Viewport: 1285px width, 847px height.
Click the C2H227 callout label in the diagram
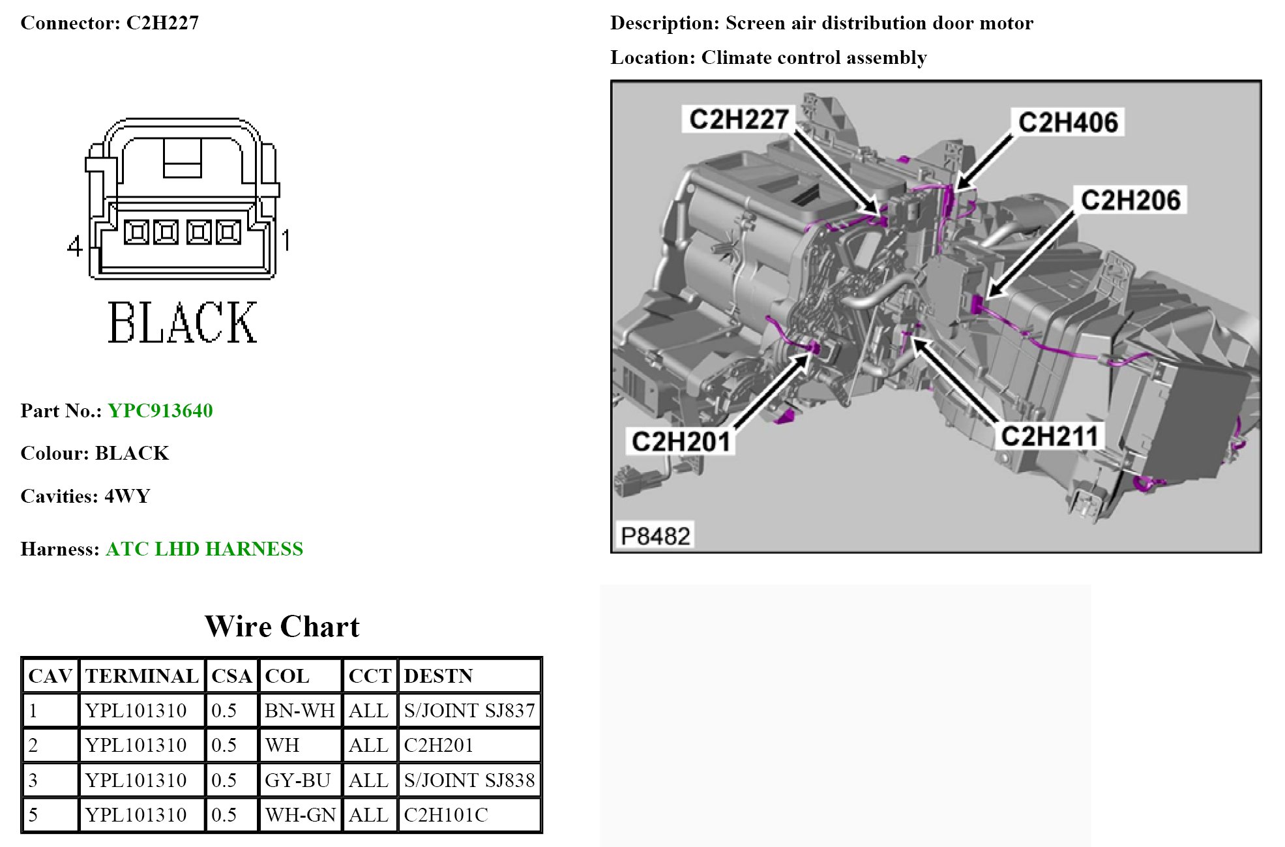(x=739, y=119)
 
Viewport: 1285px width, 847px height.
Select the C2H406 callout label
(x=1067, y=123)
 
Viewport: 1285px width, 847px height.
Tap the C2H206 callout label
(x=1130, y=200)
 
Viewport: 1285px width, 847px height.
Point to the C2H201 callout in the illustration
(x=681, y=441)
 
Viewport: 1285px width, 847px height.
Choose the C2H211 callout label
(x=1049, y=436)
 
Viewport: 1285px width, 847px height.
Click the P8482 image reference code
(x=655, y=536)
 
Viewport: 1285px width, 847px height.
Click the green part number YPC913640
(x=160, y=411)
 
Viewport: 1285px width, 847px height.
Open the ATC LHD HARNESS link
(x=204, y=549)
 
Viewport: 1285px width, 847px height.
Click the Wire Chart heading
(x=282, y=627)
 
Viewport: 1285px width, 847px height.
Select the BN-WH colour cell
(x=300, y=710)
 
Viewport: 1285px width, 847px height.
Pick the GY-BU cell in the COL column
(x=297, y=780)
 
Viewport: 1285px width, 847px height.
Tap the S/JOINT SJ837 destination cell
(x=469, y=710)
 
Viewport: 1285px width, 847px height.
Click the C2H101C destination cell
(x=446, y=815)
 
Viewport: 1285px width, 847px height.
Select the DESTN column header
(x=438, y=676)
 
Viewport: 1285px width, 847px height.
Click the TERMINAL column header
(x=141, y=676)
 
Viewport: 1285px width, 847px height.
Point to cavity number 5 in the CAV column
(x=33, y=815)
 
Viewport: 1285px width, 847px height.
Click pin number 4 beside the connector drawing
(x=75, y=246)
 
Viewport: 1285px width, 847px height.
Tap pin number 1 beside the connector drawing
(x=286, y=240)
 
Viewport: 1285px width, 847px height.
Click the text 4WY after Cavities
(x=127, y=496)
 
